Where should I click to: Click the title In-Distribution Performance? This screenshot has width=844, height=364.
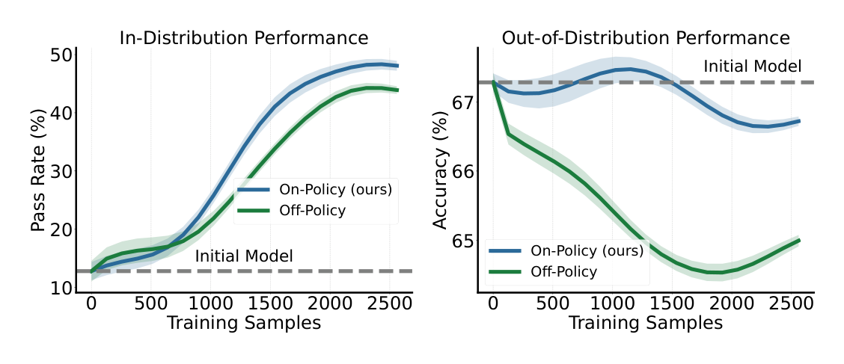(244, 38)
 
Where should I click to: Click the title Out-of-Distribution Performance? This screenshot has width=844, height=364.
(645, 38)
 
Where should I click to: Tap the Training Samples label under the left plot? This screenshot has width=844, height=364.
(244, 323)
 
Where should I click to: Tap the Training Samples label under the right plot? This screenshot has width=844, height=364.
(645, 323)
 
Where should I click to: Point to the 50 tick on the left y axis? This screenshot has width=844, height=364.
(62, 55)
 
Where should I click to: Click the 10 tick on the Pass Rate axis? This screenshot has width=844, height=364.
(62, 289)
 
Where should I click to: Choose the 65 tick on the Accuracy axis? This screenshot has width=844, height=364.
(464, 241)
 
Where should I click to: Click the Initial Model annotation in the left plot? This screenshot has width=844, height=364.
(244, 256)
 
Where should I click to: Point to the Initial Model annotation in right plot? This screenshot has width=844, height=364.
(752, 67)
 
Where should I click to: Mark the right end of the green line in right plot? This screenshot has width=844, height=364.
(799, 240)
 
